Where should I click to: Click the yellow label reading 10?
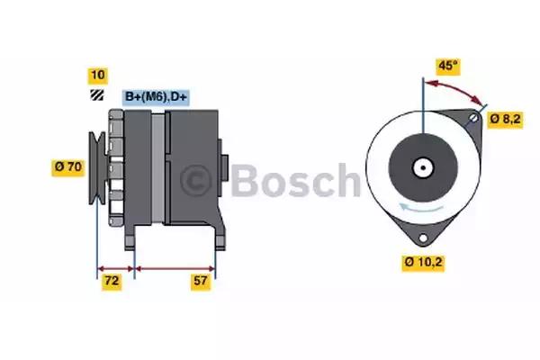point(98,76)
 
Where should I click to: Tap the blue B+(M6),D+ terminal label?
point(156,97)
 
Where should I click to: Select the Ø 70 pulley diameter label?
point(68,167)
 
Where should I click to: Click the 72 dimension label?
point(112,282)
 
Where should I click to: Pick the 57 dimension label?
point(201,282)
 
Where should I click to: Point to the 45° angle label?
point(448,67)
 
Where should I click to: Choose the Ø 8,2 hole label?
point(505,120)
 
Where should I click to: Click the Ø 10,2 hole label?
point(423,263)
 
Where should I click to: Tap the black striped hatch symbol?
point(97,95)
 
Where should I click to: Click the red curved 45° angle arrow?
point(457,88)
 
